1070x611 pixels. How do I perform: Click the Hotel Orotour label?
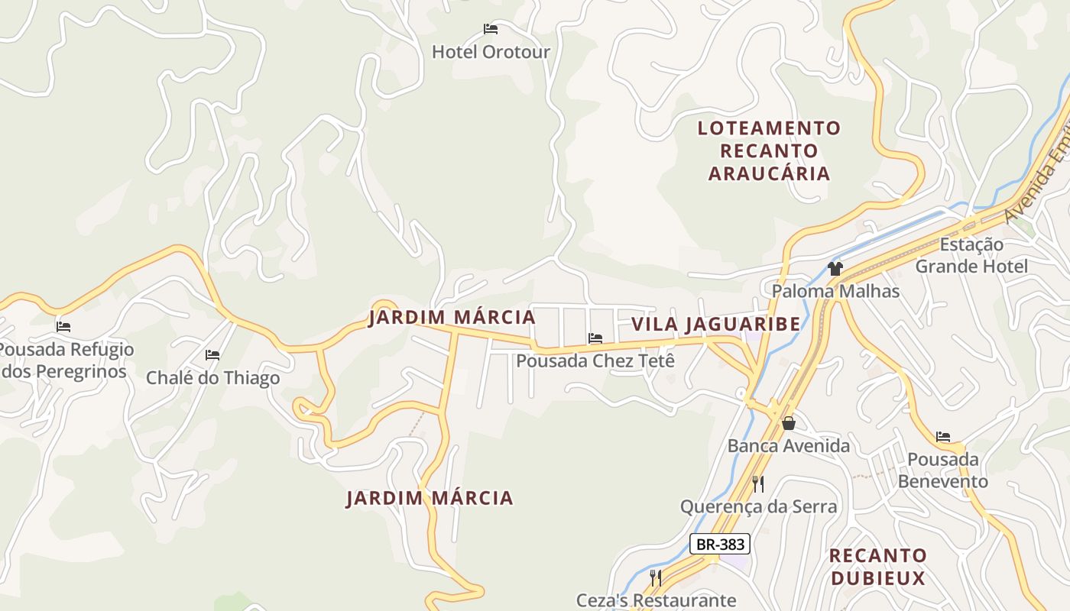point(491,52)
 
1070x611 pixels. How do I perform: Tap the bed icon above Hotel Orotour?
point(491,29)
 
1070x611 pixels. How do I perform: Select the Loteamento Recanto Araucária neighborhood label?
point(769,150)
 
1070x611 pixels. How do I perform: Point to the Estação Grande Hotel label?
point(971,256)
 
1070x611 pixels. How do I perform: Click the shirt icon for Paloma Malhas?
point(835,268)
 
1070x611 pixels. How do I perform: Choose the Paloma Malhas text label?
point(835,291)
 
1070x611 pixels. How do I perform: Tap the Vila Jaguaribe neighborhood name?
point(715,324)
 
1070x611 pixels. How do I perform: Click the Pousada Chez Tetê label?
point(595,360)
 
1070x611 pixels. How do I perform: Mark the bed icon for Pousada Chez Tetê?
point(595,338)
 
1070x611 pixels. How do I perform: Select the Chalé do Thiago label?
point(212,378)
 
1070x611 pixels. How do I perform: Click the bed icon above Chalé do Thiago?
point(212,355)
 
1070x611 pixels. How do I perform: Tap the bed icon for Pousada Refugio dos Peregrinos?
point(63,327)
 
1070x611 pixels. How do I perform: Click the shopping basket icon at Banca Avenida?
point(788,423)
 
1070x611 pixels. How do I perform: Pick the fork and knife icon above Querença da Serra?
point(758,483)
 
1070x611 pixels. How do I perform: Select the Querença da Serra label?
point(758,506)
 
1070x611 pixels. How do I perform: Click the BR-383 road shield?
point(719,544)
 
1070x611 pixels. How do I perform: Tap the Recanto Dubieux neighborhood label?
point(877,567)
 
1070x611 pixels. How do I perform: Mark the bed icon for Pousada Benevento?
point(943,437)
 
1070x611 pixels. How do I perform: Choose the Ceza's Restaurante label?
point(656,600)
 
